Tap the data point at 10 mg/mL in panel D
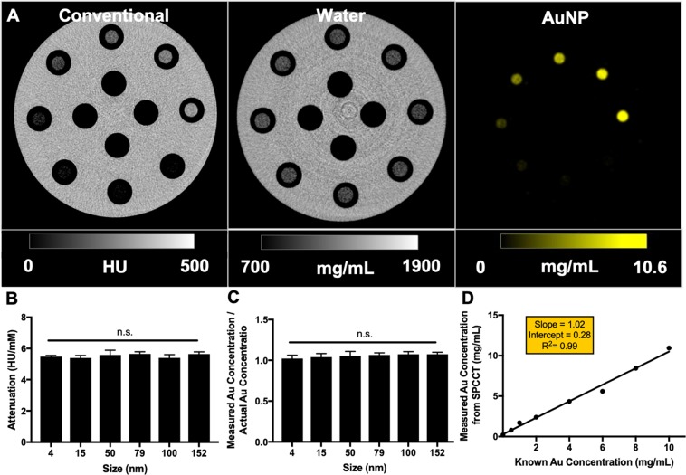coord(669,348)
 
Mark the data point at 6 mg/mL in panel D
coord(602,391)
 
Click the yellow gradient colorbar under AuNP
coord(573,241)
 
